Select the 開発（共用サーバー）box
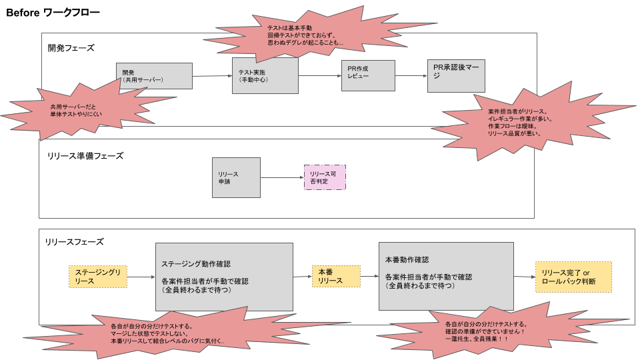(x=153, y=76)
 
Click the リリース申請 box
(x=236, y=177)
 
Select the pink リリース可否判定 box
(x=325, y=177)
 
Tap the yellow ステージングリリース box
(x=97, y=277)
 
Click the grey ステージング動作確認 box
(x=224, y=276)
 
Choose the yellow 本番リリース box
(x=336, y=276)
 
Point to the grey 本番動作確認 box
(x=445, y=276)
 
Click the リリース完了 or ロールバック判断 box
(x=573, y=277)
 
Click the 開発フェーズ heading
(x=71, y=48)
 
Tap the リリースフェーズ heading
(x=74, y=242)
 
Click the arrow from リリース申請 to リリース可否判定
(x=281, y=178)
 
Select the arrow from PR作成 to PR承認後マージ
(x=411, y=75)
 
